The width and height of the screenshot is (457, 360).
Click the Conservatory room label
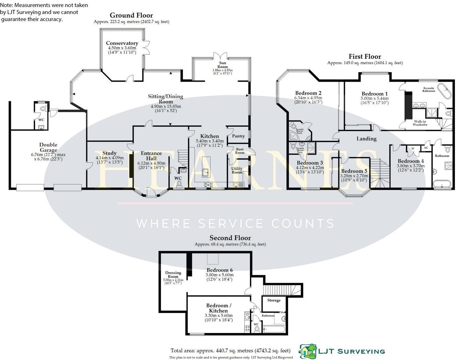122,43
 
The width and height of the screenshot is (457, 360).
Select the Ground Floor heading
131,15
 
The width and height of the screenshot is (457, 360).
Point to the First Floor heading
364,56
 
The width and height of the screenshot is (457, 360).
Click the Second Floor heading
230,238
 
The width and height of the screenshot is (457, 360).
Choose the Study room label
109,153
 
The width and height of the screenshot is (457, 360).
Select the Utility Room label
237,170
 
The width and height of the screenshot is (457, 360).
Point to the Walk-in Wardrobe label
420,123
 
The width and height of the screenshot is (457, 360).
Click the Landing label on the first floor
366,138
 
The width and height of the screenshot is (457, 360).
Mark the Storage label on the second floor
274,300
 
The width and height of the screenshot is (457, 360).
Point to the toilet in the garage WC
43,109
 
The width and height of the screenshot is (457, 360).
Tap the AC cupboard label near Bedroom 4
426,148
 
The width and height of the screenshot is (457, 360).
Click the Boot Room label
240,151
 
